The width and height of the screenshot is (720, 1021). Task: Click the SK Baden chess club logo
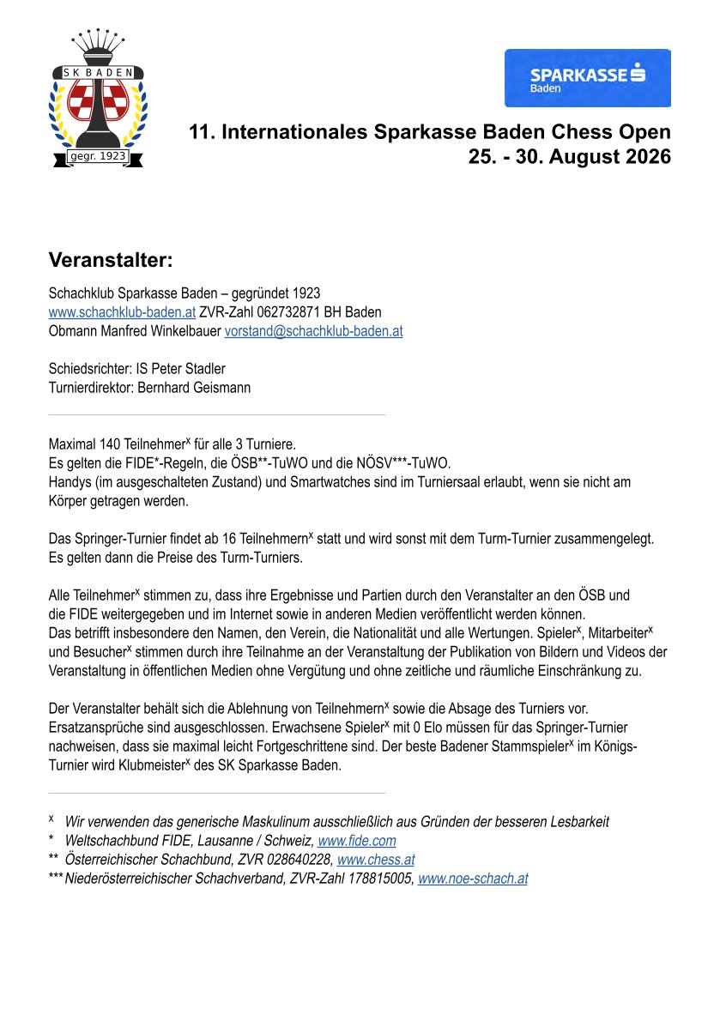[x=96, y=99]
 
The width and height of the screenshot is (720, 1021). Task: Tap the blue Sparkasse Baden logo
[x=587, y=78]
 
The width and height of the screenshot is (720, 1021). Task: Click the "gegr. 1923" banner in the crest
[x=97, y=156]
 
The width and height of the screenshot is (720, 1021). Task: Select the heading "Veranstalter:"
[x=111, y=260]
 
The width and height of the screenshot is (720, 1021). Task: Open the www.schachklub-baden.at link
[x=122, y=311]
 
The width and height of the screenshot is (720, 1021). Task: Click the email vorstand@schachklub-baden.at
[x=313, y=330]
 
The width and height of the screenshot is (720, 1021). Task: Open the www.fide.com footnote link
[x=356, y=841]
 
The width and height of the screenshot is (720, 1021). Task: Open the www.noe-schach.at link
[x=472, y=879]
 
